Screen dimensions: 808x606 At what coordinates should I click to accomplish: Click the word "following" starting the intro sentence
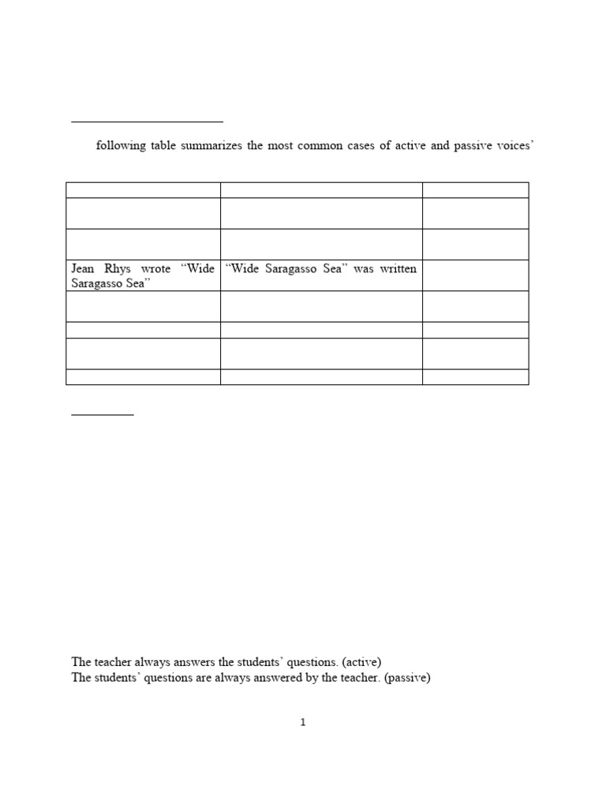121,147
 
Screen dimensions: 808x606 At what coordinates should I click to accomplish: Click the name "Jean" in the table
83,269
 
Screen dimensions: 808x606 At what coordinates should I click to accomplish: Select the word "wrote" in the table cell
156,269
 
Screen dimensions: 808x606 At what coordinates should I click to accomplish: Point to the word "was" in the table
363,269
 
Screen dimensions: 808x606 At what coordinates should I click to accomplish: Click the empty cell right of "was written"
475,275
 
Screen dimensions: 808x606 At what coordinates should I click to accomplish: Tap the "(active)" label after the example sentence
362,662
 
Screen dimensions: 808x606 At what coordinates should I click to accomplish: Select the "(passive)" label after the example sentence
407,678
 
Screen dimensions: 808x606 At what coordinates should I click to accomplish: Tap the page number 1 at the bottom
303,722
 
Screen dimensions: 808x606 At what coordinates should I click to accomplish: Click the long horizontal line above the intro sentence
148,122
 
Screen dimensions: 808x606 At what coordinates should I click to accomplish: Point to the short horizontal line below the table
103,414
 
